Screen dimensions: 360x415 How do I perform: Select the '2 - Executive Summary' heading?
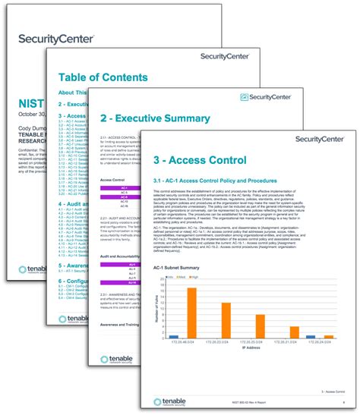(155, 118)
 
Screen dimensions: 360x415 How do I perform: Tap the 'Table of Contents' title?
(103, 77)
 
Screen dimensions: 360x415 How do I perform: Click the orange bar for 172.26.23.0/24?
(226, 319)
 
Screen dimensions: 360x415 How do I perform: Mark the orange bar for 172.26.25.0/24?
(260, 325)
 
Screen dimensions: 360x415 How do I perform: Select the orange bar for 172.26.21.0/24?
(294, 332)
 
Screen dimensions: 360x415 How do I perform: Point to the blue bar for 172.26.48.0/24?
(174, 335)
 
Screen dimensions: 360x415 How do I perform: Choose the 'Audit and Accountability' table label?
(121, 257)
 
